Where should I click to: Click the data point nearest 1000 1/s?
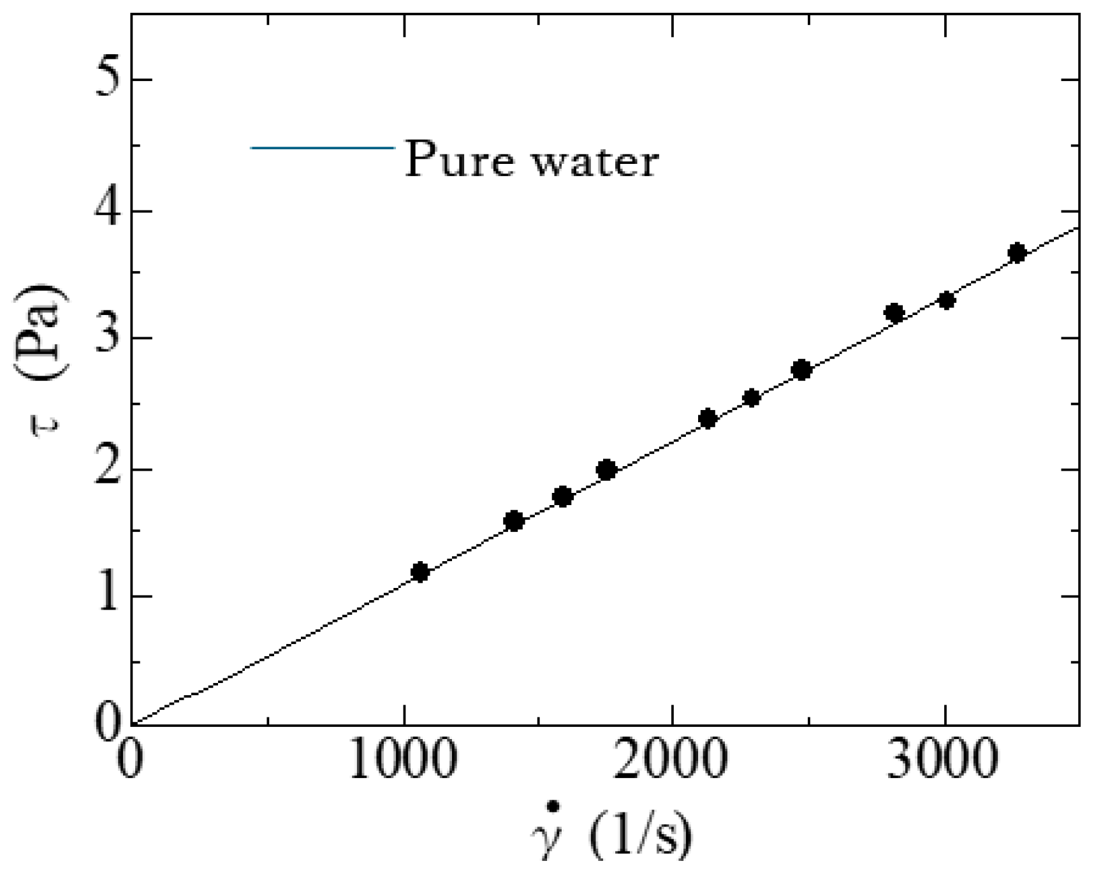[x=419, y=571]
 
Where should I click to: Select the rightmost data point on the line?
[x=1017, y=253]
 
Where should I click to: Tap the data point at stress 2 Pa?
[x=606, y=470]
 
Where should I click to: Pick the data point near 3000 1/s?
[x=947, y=300]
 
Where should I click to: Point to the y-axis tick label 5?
[x=108, y=80]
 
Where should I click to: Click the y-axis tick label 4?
[x=108, y=210]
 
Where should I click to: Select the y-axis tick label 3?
[x=108, y=338]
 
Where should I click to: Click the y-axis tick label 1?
[x=108, y=597]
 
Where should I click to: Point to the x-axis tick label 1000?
[x=403, y=761]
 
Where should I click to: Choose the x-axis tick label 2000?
[x=672, y=761]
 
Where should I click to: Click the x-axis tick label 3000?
[x=942, y=761]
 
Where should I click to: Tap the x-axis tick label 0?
[x=129, y=761]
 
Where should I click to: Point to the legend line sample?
[x=323, y=148]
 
